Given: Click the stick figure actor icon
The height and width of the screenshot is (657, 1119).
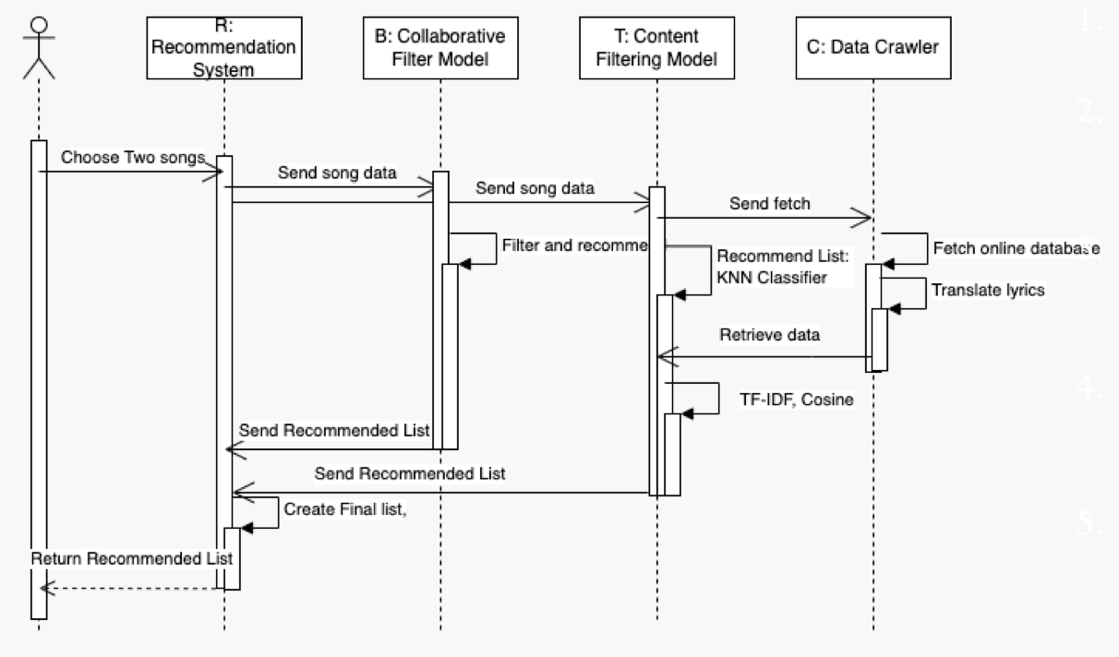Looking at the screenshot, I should [x=38, y=48].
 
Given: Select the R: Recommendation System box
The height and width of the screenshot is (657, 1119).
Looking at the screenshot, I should [x=223, y=52].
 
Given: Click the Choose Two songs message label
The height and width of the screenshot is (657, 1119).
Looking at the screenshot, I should [x=131, y=158].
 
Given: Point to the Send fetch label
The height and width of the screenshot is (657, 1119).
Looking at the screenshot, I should [x=769, y=204].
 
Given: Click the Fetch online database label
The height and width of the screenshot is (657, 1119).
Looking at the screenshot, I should [x=1012, y=248].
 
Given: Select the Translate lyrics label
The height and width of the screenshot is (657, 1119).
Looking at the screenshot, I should [x=986, y=289].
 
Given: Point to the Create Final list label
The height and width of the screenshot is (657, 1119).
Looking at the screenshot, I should [x=343, y=508].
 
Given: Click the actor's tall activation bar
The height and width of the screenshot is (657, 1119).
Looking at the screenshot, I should [x=38, y=378].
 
